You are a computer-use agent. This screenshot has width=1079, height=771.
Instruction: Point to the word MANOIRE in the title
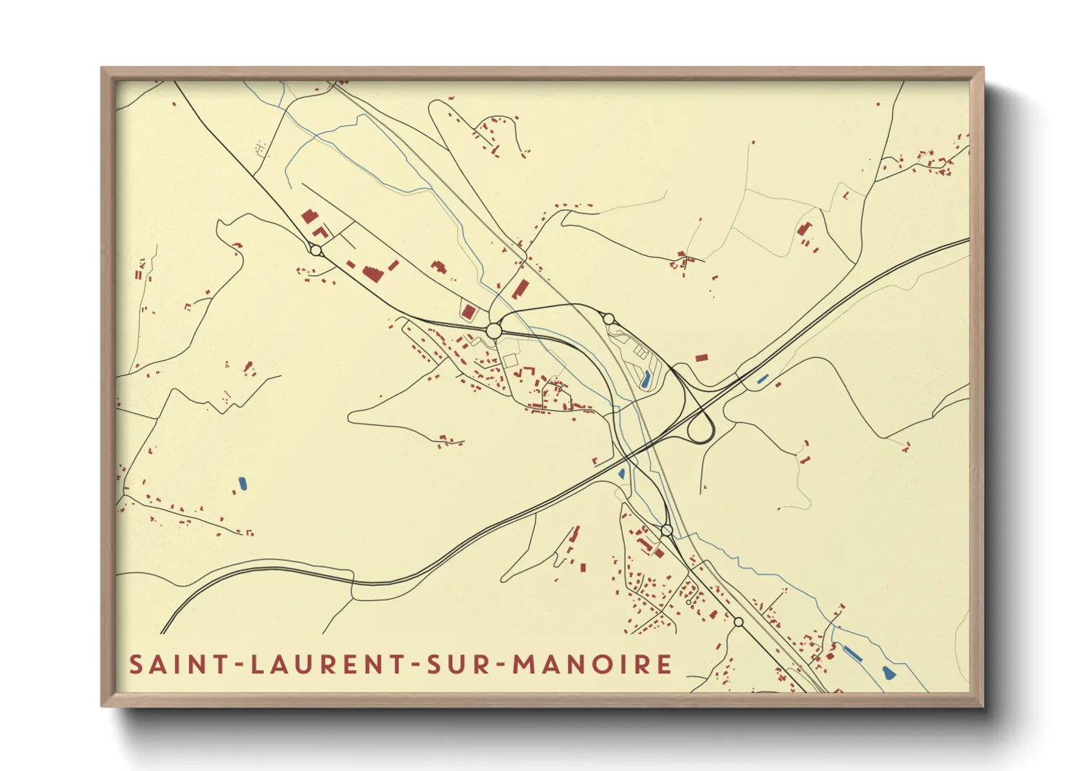point(592,665)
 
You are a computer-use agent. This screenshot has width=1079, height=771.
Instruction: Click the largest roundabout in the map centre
point(494,331)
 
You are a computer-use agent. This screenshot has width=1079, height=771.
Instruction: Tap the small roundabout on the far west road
point(316,250)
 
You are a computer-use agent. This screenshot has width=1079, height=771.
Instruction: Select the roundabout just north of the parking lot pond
point(609,318)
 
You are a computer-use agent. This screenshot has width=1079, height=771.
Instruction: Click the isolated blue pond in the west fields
point(242,482)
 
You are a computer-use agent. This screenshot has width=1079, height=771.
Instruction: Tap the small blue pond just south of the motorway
point(621,474)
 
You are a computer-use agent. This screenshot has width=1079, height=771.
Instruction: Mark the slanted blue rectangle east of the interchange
point(763,379)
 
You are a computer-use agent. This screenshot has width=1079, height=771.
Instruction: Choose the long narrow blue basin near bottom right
point(852,653)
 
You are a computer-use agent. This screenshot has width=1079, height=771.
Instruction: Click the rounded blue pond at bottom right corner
point(887,673)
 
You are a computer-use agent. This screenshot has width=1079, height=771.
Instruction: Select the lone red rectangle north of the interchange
point(701,358)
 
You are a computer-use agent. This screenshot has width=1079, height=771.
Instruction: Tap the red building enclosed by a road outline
point(469,312)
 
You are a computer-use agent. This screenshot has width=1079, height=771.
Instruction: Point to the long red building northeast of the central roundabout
point(521,289)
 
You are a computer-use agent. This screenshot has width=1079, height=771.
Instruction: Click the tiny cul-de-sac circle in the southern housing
point(689,603)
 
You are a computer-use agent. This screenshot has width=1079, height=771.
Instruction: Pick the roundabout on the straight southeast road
point(738,622)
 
